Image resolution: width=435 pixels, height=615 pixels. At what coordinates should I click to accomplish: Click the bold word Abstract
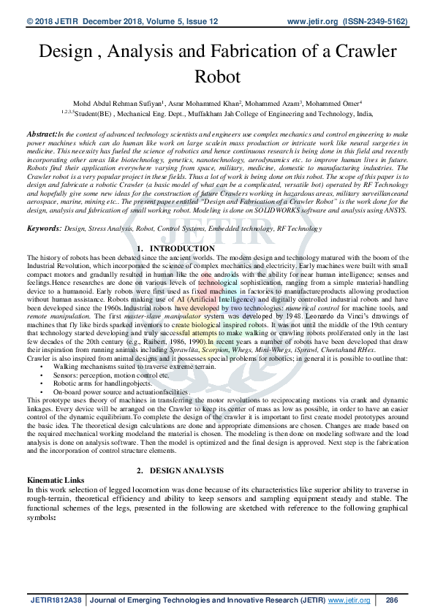(42, 135)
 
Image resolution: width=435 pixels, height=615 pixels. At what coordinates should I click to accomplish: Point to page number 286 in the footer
(391, 600)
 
